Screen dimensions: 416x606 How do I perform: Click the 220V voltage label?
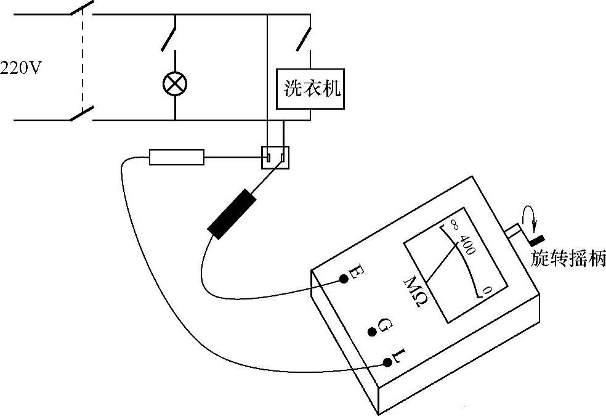tap(20, 67)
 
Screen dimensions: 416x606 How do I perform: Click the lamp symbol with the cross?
tap(175, 84)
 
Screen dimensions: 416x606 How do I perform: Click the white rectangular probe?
tap(177, 157)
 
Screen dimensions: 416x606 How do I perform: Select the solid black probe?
tap(232, 213)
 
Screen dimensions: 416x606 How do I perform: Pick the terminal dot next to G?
tap(372, 332)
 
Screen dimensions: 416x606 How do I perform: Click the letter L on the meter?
tap(398, 356)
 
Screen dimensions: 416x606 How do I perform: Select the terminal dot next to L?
tap(387, 362)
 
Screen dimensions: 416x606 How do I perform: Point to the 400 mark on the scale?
tap(467, 247)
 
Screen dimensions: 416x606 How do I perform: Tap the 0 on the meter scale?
tap(487, 290)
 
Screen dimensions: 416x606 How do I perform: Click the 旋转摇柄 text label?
tap(568, 259)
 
